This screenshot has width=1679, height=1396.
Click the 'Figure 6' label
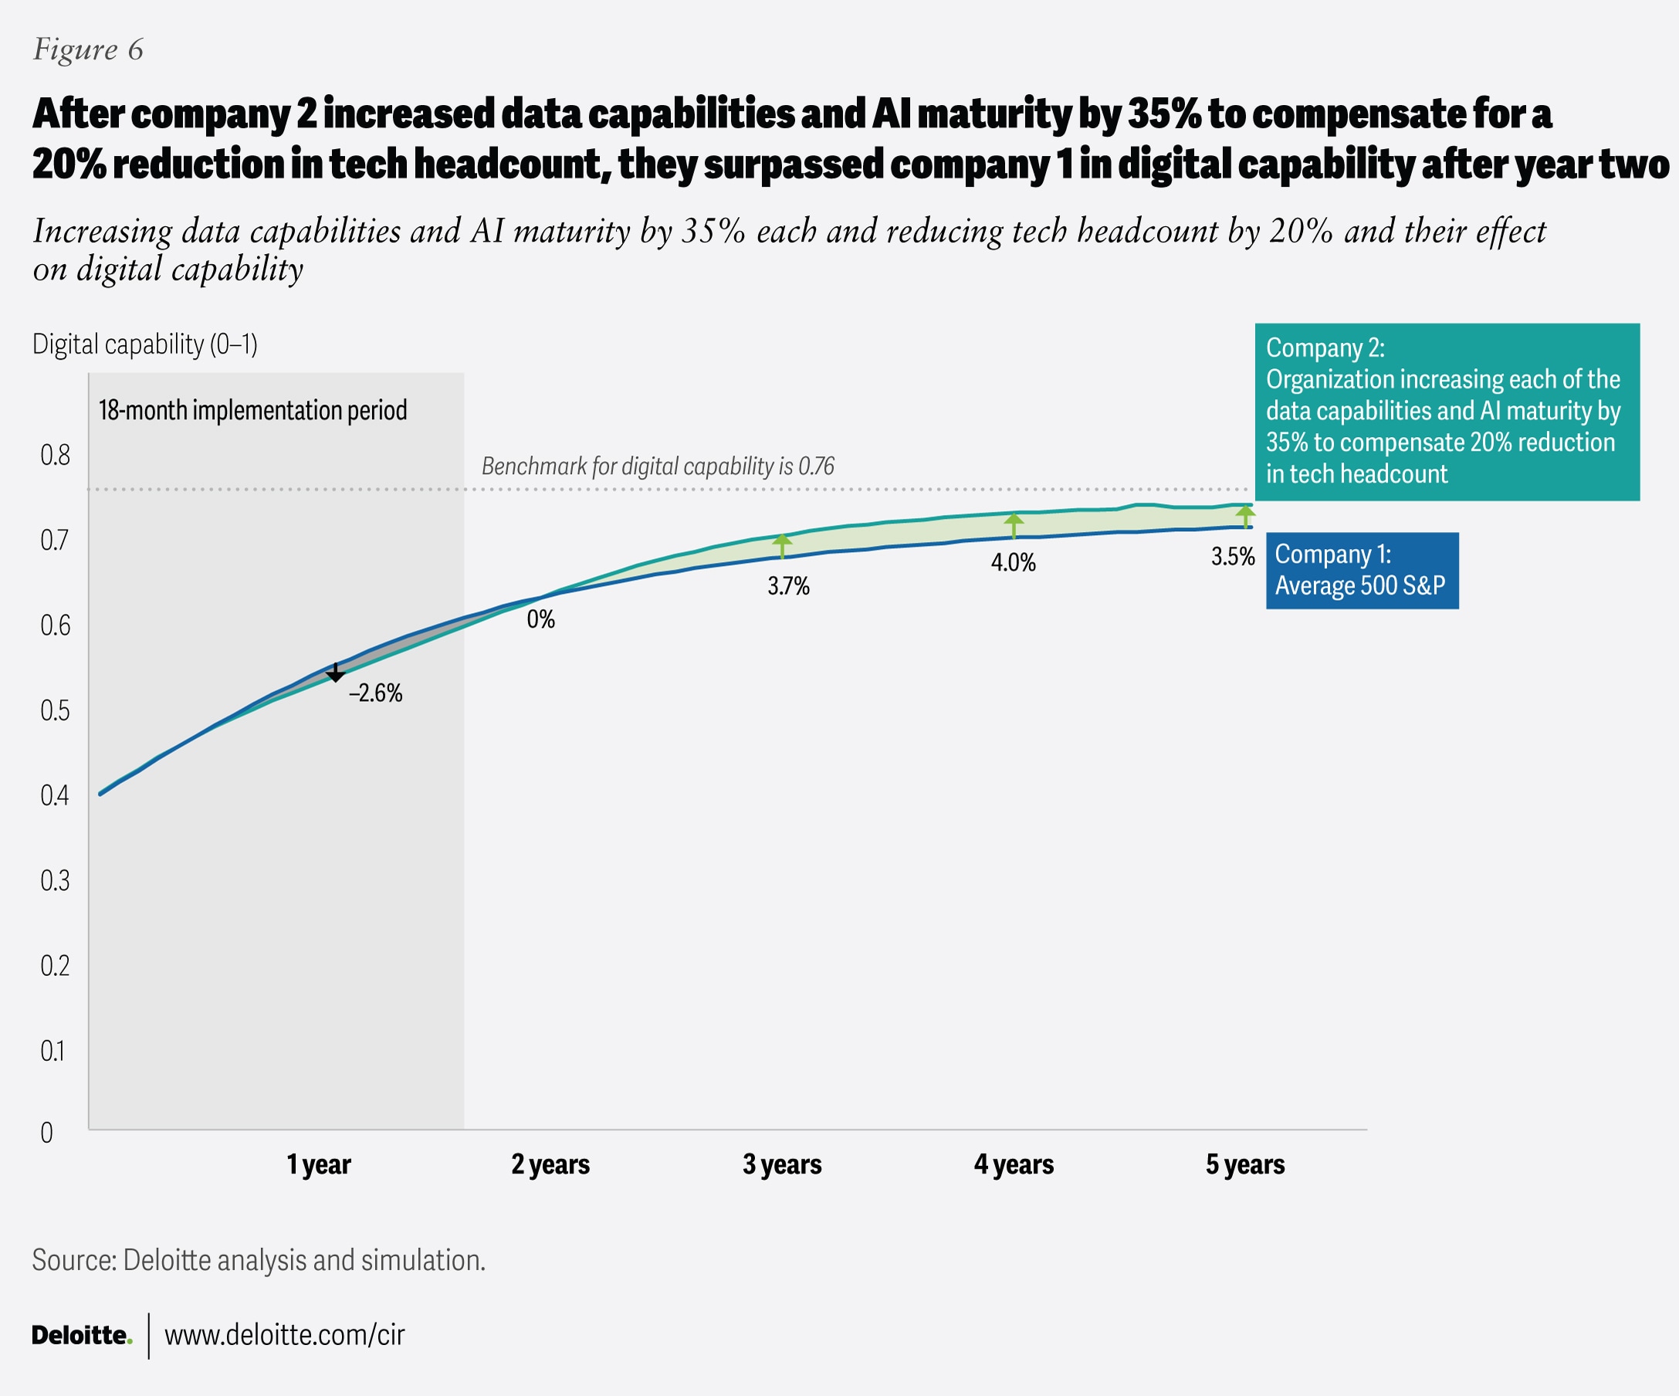[88, 49]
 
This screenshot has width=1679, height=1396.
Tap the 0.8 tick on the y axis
[55, 455]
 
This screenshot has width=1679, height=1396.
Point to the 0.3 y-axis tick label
[55, 880]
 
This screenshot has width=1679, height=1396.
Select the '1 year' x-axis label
[318, 1164]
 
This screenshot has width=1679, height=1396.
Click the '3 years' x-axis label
[782, 1164]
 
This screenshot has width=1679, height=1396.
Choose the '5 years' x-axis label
[1245, 1164]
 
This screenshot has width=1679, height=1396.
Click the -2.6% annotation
[375, 693]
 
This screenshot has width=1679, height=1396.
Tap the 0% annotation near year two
[540, 618]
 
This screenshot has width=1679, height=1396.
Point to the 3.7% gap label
[788, 586]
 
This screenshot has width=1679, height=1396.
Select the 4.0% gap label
[1013, 562]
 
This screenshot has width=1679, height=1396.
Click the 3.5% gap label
[1233, 557]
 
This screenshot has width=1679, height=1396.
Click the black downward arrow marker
[336, 673]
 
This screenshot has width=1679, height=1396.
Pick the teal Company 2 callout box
[1447, 412]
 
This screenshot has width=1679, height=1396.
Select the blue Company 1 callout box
[1362, 570]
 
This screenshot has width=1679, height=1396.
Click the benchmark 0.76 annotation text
[657, 466]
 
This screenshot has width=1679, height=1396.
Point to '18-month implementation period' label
[252, 410]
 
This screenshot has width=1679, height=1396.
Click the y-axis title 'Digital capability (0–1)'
[144, 344]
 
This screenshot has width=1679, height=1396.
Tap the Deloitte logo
[82, 1334]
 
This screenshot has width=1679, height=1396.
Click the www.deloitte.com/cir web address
[285, 1334]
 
